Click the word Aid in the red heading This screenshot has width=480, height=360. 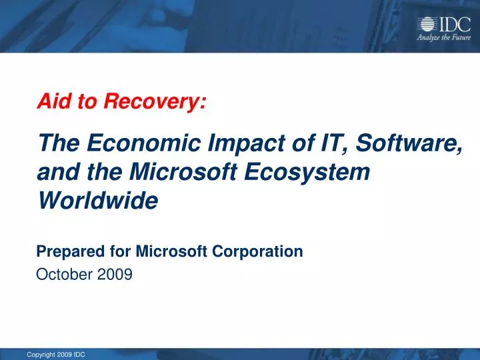coord(51,102)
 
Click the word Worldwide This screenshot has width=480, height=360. coord(97,199)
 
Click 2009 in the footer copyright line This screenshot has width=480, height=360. coord(65,354)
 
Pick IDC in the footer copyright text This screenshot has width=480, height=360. coord(79,354)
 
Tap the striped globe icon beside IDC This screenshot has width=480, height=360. coord(426,25)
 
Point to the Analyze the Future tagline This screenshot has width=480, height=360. coord(443,38)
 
